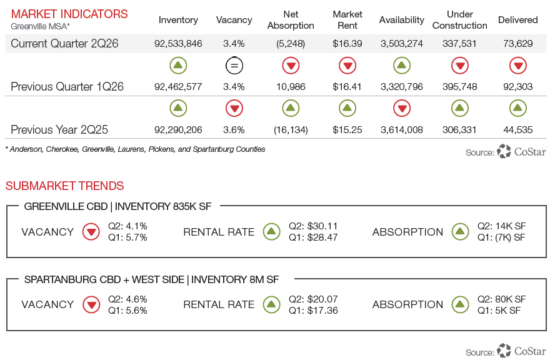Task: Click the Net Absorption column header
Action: pos(291,19)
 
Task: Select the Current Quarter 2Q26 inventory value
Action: pos(178,44)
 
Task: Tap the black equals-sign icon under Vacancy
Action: pos(234,66)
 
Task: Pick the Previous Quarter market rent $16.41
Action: pos(347,86)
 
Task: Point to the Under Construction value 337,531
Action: pos(459,44)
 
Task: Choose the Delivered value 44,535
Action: pos(517,130)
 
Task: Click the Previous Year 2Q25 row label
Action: pos(59,130)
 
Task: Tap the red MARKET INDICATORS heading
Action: pos(69,14)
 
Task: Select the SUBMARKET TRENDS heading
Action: pos(64,186)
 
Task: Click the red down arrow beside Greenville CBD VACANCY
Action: pos(91,232)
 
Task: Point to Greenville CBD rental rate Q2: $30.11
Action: pos(313,226)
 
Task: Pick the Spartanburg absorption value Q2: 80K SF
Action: pos(502,299)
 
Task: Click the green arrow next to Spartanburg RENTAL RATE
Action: pos(271,304)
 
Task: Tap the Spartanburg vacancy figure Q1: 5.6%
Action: pos(127,311)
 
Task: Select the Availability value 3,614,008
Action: pos(402,130)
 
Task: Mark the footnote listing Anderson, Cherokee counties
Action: pos(136,149)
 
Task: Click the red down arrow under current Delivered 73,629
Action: pos(518,66)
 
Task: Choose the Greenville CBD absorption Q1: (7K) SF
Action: pos(501,237)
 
